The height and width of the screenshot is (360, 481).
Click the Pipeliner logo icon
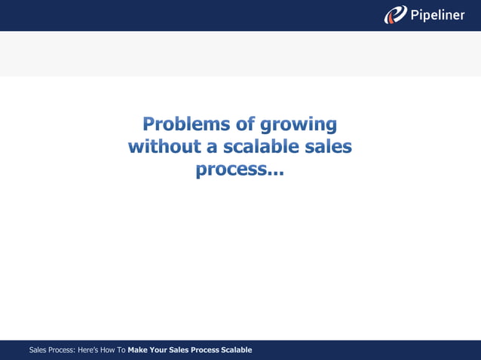[x=395, y=14]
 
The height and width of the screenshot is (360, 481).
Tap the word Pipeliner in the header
[x=438, y=15]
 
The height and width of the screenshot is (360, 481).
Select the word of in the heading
[x=244, y=123]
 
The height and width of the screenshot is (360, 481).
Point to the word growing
[x=299, y=124]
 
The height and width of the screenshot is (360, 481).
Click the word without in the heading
[x=161, y=146]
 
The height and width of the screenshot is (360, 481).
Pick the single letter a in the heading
[x=211, y=147]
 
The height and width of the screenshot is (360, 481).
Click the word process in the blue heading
[x=227, y=171]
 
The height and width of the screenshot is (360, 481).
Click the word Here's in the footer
[x=90, y=350]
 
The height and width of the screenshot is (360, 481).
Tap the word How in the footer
[x=111, y=350]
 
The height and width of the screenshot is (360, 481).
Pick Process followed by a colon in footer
[x=63, y=350]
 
